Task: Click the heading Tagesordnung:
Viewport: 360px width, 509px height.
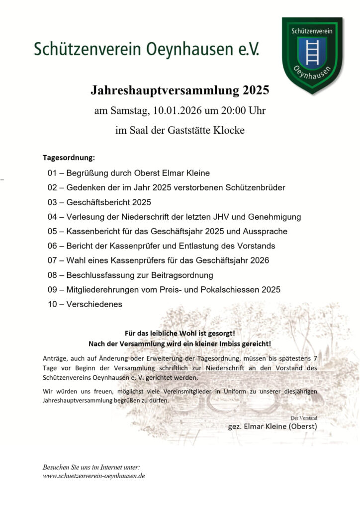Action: [x=69, y=158]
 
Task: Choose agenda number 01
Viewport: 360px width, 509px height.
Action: [x=53, y=173]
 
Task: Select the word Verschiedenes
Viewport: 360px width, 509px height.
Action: [x=94, y=304]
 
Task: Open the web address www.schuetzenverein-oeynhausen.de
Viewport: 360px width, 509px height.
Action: [x=94, y=476]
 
